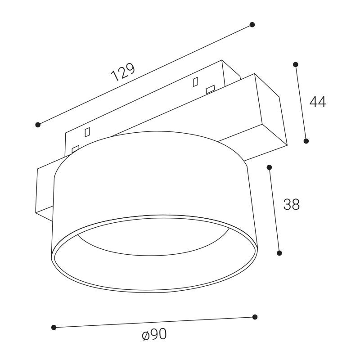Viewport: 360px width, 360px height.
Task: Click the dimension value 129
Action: [x=122, y=72]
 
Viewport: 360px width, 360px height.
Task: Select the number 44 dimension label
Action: [x=318, y=102]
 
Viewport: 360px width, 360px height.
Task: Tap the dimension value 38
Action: [x=292, y=205]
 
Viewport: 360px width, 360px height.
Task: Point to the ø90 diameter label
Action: [x=154, y=335]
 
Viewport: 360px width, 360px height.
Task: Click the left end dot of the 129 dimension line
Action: [x=38, y=125]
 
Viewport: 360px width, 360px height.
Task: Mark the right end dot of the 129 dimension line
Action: [x=252, y=24]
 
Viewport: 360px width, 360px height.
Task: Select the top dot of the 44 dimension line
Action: [x=296, y=64]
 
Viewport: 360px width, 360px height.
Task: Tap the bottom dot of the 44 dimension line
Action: [x=306, y=141]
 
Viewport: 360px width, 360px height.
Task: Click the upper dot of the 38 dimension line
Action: [x=269, y=167]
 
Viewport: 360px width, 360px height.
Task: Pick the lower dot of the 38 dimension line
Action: [x=279, y=253]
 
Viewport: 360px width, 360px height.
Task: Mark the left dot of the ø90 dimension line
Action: [x=54, y=327]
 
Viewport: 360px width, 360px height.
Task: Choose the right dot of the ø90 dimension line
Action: [x=255, y=317]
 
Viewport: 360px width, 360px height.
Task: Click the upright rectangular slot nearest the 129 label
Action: [x=195, y=82]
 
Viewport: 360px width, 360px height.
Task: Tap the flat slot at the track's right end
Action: [x=210, y=90]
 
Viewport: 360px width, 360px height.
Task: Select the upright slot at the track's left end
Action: [x=87, y=132]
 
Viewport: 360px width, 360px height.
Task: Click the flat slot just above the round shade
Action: [x=75, y=148]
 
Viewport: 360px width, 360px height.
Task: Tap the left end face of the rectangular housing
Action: [x=45, y=189]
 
